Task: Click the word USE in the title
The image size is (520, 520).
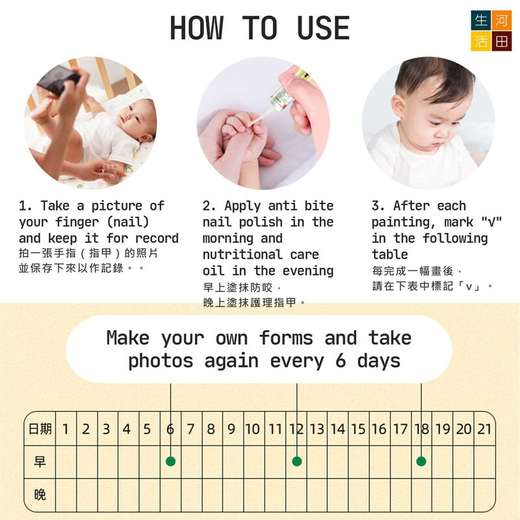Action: click(x=323, y=28)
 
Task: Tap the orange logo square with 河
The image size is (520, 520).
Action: click(x=501, y=21)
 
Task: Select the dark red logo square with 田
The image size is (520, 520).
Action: click(x=501, y=42)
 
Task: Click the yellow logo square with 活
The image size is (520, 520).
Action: click(x=481, y=42)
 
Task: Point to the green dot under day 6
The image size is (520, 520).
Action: click(x=170, y=461)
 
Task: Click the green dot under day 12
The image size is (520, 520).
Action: click(x=297, y=461)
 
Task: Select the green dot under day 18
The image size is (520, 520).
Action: click(x=421, y=461)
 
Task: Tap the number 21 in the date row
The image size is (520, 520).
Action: click(x=484, y=429)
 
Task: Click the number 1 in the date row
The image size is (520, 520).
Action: click(x=66, y=429)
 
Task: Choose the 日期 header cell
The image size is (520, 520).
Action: click(x=40, y=429)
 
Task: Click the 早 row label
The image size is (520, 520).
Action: click(x=40, y=461)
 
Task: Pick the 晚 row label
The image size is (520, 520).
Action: click(x=40, y=495)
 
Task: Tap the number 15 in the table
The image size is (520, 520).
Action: click(x=359, y=429)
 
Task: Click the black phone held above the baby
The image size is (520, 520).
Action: click(x=58, y=80)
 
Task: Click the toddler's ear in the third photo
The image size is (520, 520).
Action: click(x=398, y=108)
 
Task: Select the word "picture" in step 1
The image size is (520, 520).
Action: click(x=117, y=206)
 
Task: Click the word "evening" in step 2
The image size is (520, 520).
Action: click(x=307, y=271)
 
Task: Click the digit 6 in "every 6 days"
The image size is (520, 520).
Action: click(x=341, y=361)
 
